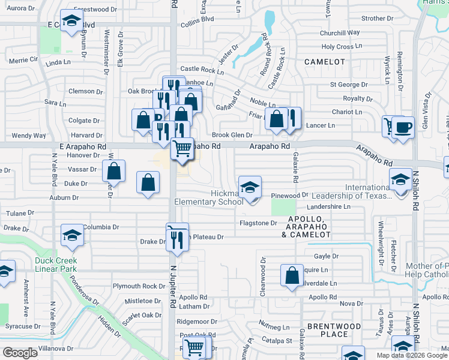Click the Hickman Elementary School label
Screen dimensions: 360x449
coord(209,197)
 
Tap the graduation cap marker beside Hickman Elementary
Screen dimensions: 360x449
coord(250,187)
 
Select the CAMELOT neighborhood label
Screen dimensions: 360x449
coord(325,62)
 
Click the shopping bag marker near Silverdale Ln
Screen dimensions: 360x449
coord(292,277)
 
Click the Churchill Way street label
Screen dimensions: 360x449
coord(339,33)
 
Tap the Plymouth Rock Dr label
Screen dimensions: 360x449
coord(139,286)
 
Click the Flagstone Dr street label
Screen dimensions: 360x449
coord(258,223)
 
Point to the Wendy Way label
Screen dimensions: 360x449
coord(28,136)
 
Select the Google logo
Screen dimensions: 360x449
coord(20,353)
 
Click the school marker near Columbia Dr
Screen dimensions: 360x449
coord(73,236)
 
